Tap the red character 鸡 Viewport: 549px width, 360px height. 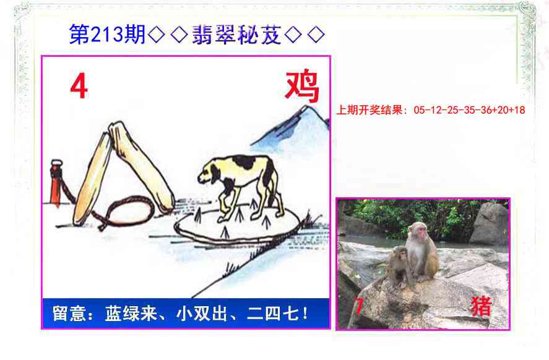point(301,87)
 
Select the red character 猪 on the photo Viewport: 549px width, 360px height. point(480,306)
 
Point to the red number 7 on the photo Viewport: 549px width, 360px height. point(358,306)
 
